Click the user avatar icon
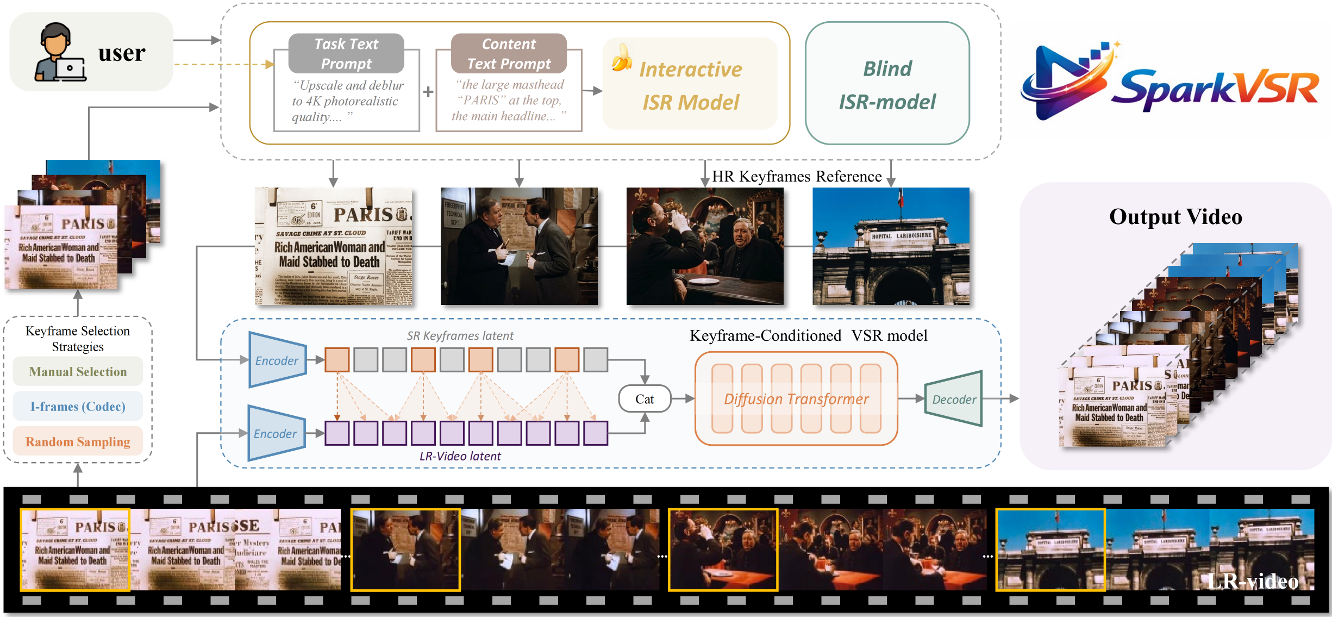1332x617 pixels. tap(59, 53)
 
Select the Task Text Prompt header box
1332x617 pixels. tap(346, 53)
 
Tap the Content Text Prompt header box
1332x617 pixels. tap(509, 53)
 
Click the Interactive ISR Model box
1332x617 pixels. tap(690, 84)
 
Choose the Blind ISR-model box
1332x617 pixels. tap(887, 84)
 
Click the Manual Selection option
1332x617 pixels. tap(78, 371)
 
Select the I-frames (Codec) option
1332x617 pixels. tap(78, 406)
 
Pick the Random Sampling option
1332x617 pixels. tap(78, 441)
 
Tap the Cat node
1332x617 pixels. tap(645, 399)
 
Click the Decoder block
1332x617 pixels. tap(954, 399)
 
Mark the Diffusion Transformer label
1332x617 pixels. tap(796, 399)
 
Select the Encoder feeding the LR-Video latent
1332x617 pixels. tap(276, 433)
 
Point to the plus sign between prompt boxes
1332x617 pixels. tap(428, 92)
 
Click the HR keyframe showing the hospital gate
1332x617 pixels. tap(891, 246)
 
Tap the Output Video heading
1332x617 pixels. tap(1175, 216)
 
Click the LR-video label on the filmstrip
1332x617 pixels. tap(1253, 581)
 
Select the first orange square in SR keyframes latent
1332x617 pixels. tap(337, 360)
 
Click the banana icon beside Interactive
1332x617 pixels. tap(621, 58)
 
